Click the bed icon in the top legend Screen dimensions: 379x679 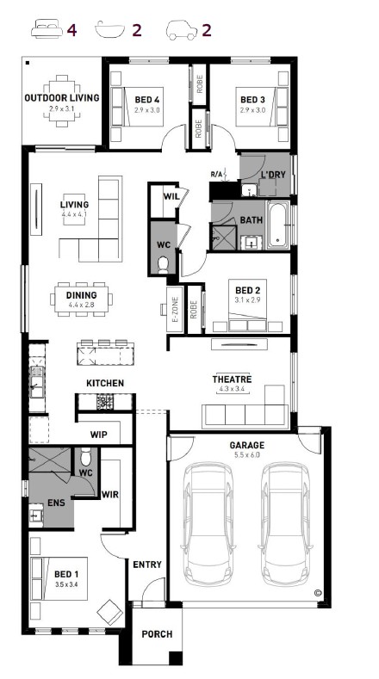(x=47, y=29)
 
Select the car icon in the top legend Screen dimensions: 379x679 (x=182, y=30)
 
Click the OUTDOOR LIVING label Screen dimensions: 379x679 (x=61, y=98)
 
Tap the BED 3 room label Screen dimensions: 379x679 (x=252, y=100)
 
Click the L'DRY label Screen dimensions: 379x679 (x=273, y=175)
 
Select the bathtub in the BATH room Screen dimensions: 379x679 (x=277, y=225)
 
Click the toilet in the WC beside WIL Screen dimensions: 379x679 (x=163, y=265)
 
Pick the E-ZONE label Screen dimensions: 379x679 (x=176, y=309)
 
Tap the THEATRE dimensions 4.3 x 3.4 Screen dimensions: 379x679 (x=232, y=389)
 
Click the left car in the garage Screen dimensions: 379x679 (x=208, y=524)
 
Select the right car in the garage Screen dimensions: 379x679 (x=286, y=524)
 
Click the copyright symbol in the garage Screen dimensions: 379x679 (x=318, y=593)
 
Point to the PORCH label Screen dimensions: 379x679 (x=157, y=634)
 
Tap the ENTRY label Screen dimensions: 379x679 (x=147, y=565)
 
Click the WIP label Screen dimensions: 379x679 (x=99, y=435)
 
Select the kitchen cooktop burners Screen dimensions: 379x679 (x=105, y=402)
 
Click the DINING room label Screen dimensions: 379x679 (x=82, y=295)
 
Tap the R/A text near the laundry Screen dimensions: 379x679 (x=216, y=175)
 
